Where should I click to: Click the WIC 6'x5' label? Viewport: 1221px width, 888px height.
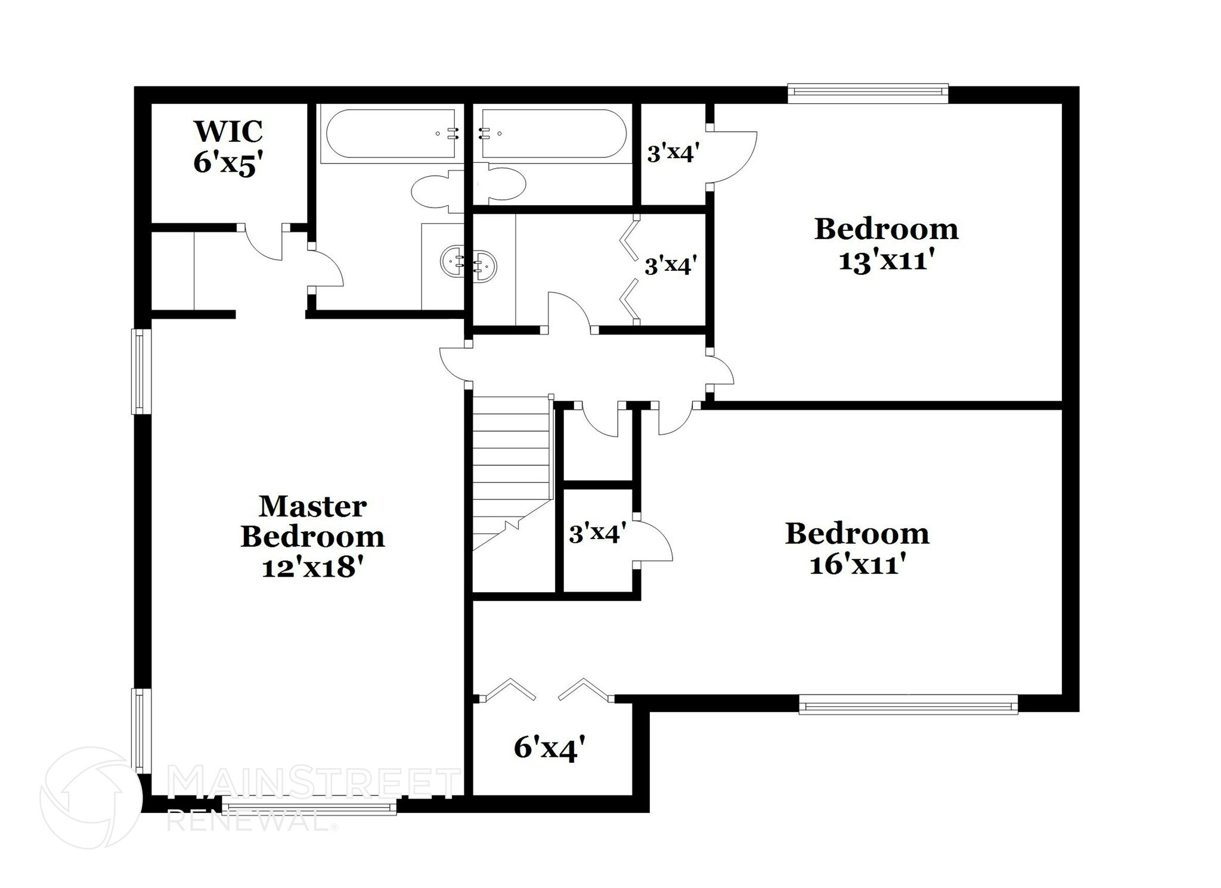click(228, 146)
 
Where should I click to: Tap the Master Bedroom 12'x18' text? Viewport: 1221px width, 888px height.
click(312, 536)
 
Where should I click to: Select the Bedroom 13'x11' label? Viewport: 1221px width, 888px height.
click(886, 244)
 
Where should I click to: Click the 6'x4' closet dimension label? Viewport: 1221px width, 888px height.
click(549, 748)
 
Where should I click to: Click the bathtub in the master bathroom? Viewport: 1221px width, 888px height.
click(391, 134)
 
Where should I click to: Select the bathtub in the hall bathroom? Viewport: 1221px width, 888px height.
click(553, 134)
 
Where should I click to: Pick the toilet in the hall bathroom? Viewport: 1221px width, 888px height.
click(501, 184)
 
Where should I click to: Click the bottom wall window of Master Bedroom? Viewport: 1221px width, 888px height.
click(309, 808)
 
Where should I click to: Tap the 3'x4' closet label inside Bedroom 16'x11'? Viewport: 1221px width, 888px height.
click(597, 533)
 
